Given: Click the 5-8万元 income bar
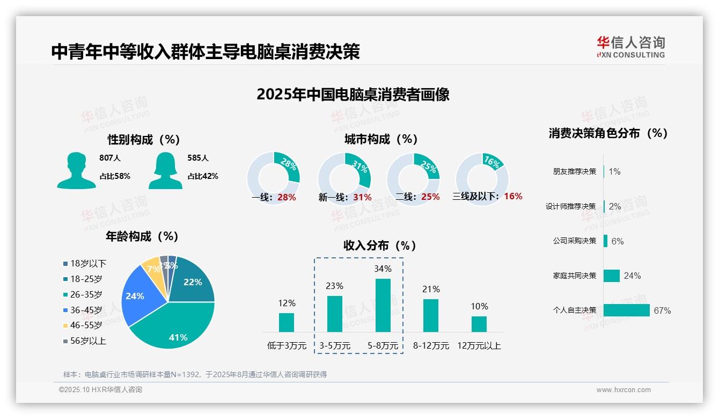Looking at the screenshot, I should click(x=383, y=305).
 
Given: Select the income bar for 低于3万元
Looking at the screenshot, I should click(x=287, y=322).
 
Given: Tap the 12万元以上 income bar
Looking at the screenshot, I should click(x=479, y=324).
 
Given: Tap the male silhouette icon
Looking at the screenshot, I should click(x=76, y=170).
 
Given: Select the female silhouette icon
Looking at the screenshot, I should click(x=165, y=170).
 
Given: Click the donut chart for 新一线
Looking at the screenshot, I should click(x=344, y=179).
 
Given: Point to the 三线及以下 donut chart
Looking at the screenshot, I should click(x=482, y=179).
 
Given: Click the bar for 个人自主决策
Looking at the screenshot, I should click(x=627, y=310).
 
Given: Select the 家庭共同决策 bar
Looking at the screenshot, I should click(x=612, y=276).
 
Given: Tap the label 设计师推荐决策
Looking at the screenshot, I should click(x=570, y=206).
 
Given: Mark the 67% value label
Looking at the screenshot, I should click(x=662, y=310).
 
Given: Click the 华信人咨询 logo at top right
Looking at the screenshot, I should click(x=630, y=47).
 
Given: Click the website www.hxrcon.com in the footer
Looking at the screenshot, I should click(x=623, y=390).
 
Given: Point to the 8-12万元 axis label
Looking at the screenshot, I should click(x=431, y=346).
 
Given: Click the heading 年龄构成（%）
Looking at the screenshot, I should click(x=142, y=236).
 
